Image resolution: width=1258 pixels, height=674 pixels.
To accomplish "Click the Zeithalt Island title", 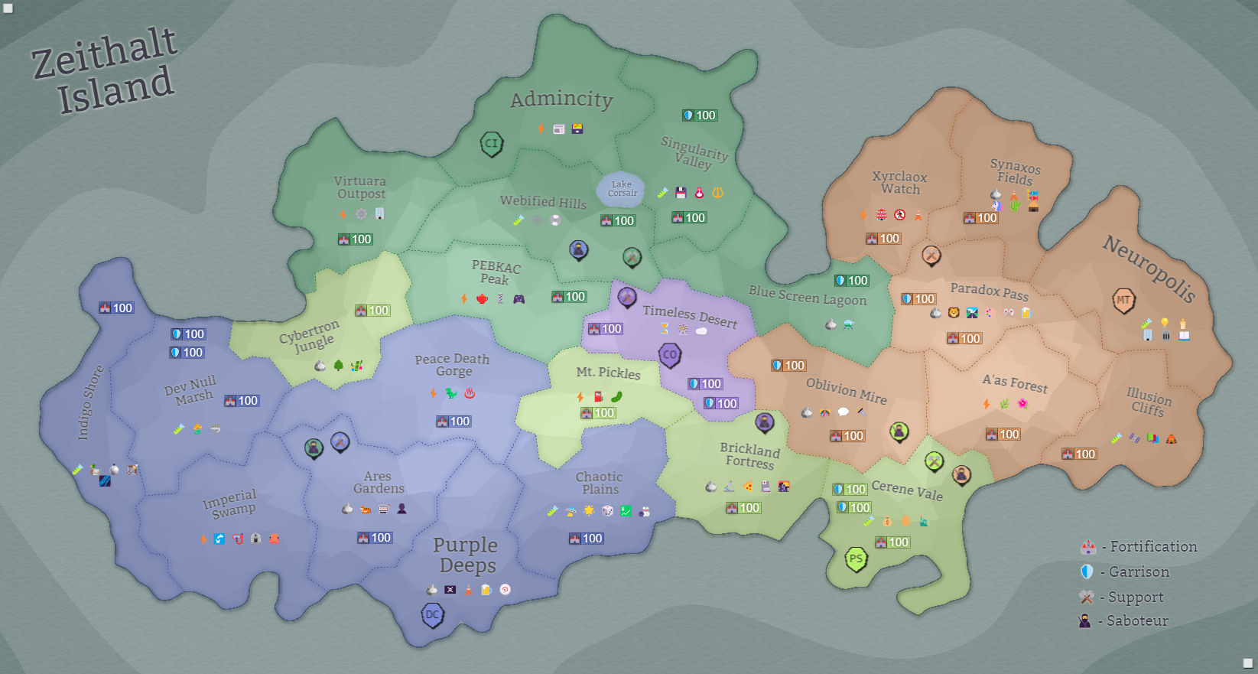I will [106, 70].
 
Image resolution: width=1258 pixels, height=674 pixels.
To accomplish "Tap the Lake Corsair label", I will [622, 189].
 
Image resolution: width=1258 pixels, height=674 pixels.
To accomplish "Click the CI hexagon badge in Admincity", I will [491, 143].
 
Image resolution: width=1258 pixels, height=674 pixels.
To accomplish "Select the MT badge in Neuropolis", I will [1123, 300].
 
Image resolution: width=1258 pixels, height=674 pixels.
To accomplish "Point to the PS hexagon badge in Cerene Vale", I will [856, 559].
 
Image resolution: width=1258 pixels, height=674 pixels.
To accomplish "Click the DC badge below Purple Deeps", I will [433, 614].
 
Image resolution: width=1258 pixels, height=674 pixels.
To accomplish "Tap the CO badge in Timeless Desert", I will [670, 355].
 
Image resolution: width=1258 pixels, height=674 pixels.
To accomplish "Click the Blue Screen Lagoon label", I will [808, 295].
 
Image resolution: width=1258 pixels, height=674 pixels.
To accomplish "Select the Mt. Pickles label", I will [608, 373].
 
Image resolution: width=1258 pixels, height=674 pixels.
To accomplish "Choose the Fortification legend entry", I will [1139, 547].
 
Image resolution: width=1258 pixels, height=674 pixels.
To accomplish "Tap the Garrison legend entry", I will [1126, 572].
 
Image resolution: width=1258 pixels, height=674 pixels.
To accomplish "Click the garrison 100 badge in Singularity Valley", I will [700, 116].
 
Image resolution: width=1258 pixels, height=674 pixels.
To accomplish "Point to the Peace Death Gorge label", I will [453, 365].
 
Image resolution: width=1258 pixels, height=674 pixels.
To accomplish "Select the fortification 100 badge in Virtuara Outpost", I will [355, 239].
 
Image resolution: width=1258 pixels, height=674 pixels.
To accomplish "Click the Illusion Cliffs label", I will [1148, 402].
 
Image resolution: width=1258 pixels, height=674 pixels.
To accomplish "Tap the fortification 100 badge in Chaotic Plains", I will [587, 539].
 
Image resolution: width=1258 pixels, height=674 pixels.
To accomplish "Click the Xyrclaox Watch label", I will [900, 183].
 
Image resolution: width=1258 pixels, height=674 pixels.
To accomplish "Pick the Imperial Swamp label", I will [230, 503].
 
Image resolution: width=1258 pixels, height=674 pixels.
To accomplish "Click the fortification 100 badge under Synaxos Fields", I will [980, 218].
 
